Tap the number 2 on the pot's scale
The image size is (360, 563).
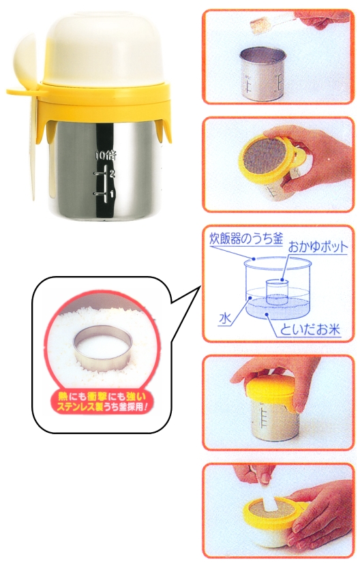pyautogui.click(x=112, y=173)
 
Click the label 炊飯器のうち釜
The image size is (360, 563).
pyautogui.click(x=246, y=239)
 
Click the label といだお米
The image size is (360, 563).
pyautogui.click(x=310, y=329)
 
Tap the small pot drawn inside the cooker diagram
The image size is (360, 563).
pyautogui.click(x=277, y=292)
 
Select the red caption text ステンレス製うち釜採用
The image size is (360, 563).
pyautogui.click(x=100, y=408)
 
